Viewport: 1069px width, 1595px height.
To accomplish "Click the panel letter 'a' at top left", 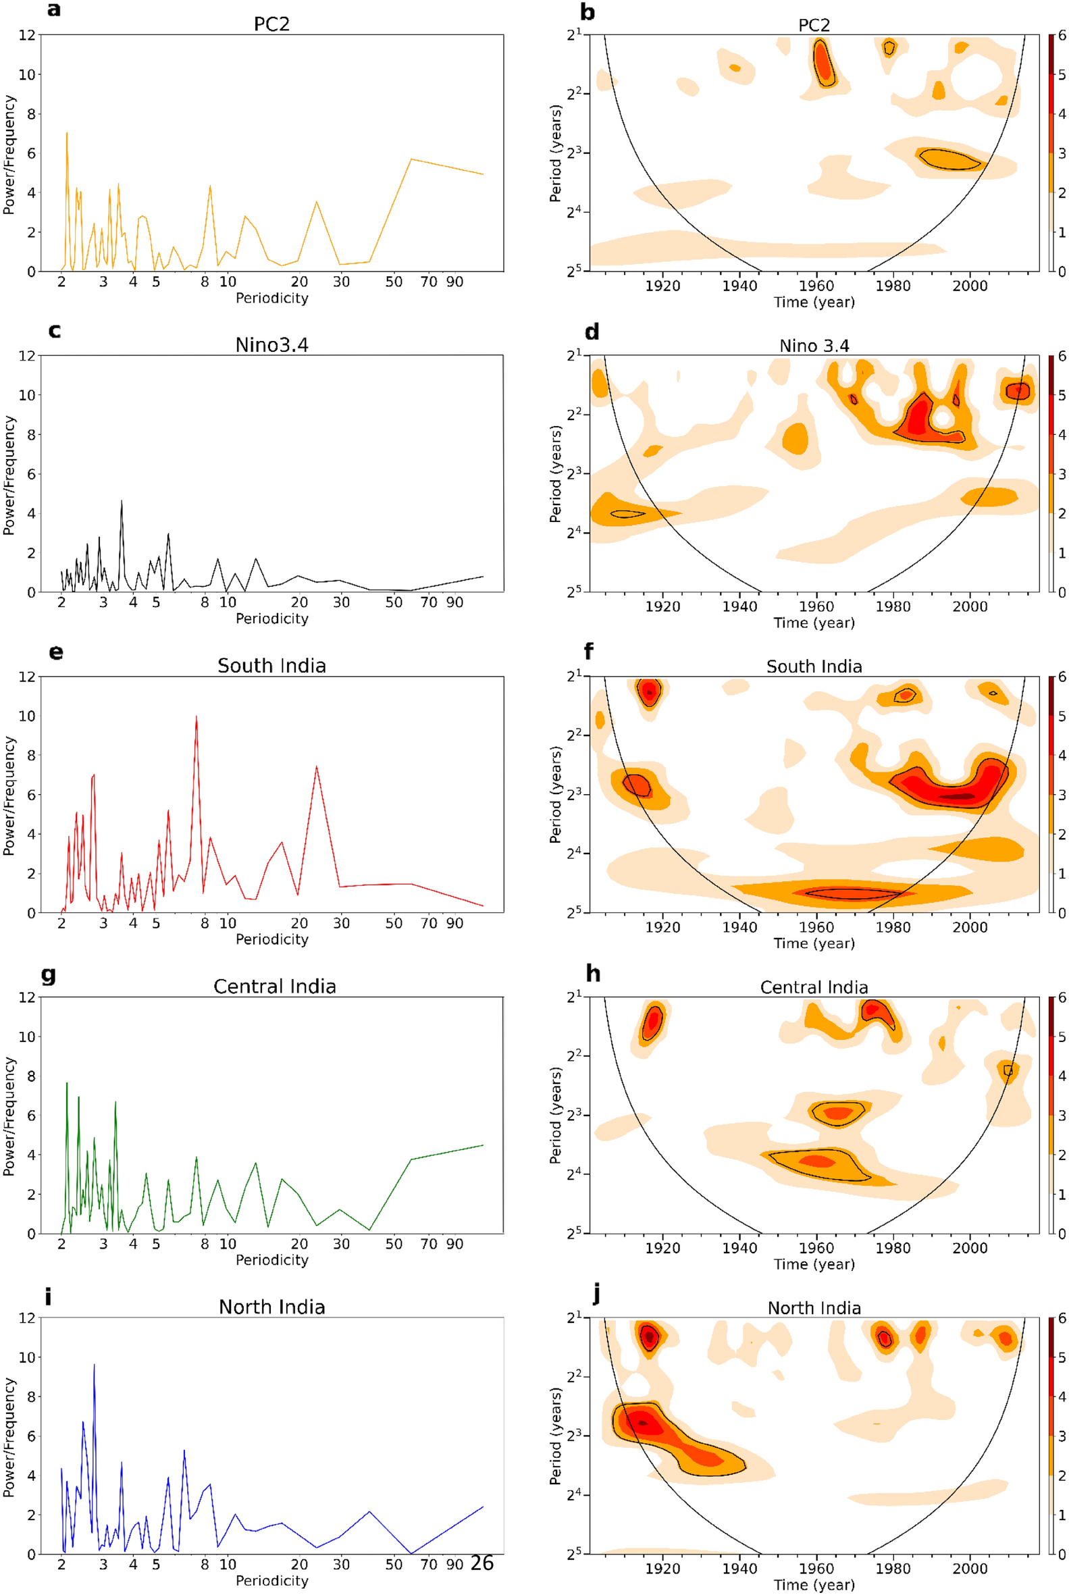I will coord(54,9).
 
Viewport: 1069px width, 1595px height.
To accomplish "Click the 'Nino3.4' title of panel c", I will coord(271,345).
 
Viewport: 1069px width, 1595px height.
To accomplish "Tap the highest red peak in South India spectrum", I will coord(197,716).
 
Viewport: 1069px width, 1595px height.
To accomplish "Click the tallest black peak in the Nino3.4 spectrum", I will coord(122,501).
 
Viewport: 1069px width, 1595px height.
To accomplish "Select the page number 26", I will coord(482,1563).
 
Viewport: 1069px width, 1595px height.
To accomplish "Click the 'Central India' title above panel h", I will coord(814,987).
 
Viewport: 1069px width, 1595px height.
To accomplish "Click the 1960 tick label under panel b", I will coord(816,286).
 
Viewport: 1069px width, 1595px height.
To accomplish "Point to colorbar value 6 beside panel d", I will coord(1062,356).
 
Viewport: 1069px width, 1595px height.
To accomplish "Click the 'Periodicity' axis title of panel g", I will coord(271,1259).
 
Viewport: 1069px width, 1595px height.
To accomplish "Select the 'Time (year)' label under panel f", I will coord(814,943).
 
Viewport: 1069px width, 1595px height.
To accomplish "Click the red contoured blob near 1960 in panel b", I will coord(825,63).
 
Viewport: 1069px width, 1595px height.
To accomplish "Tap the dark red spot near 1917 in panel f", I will coord(649,692).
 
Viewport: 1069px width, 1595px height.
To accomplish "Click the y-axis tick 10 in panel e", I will coord(26,716).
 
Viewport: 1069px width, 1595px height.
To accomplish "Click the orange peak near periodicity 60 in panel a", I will coord(411,159).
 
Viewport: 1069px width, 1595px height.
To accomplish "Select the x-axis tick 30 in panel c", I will coord(341,602).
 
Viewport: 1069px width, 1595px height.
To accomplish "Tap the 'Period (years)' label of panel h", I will coord(556,1115).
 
